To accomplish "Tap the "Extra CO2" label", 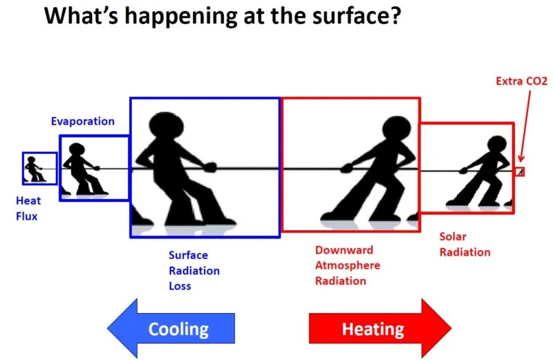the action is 522,81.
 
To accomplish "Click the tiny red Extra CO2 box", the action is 521,172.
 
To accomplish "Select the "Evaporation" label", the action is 82,122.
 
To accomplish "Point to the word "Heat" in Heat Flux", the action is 28,200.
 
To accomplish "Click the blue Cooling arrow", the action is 171,329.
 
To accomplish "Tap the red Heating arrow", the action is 380,329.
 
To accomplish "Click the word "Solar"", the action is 453,236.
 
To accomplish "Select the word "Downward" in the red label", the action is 344,250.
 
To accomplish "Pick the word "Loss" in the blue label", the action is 180,286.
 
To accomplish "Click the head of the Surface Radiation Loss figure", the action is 167,125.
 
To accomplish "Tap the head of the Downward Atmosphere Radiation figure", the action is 396,128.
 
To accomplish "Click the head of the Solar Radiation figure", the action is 497,144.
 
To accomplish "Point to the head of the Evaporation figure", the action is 77,149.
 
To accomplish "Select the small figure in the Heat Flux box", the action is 34,169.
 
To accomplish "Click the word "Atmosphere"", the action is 348,265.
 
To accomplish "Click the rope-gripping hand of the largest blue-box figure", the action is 210,167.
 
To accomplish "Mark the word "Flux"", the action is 26,216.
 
